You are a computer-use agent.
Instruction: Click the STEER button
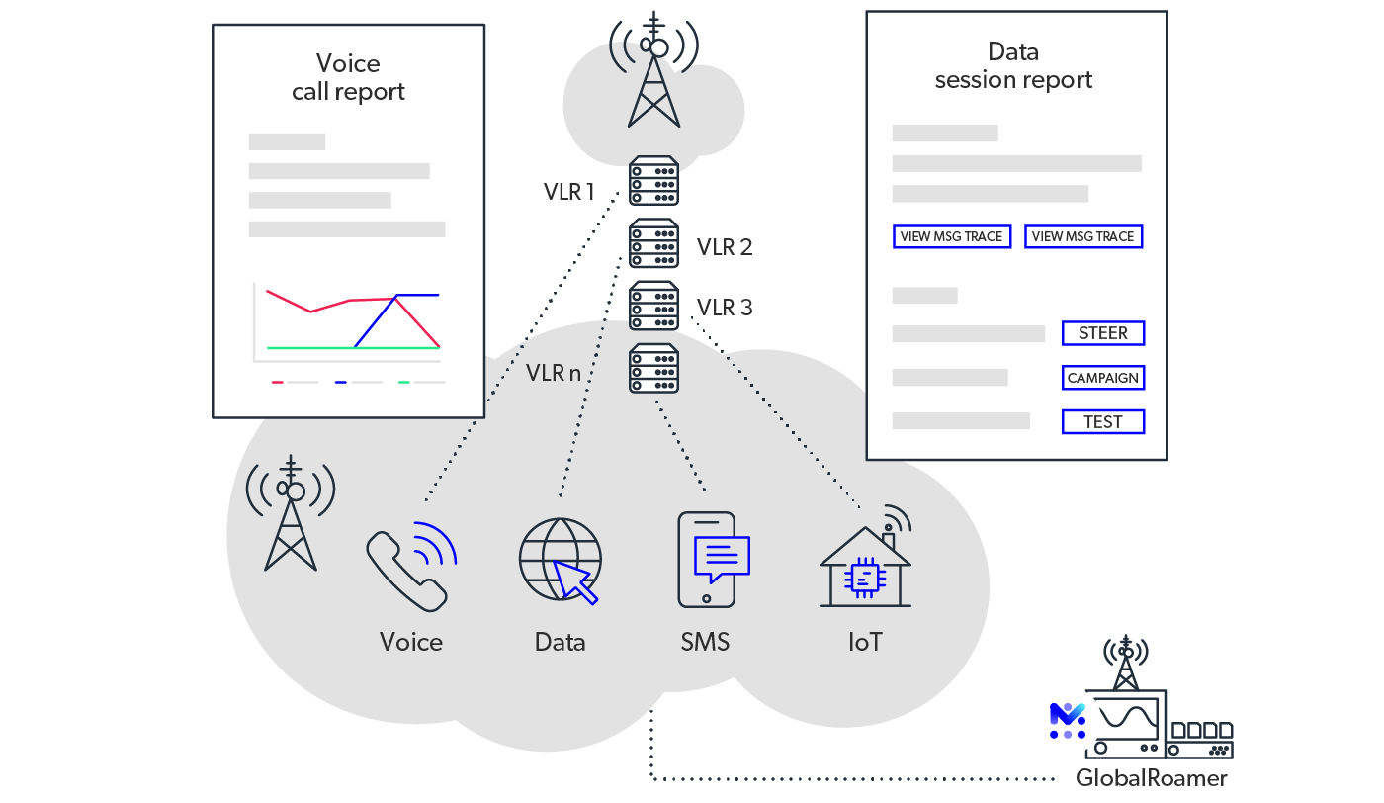click(1102, 333)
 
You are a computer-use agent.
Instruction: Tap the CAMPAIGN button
click(1102, 378)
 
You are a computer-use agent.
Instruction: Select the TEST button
click(1102, 422)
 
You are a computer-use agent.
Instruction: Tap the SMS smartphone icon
click(708, 560)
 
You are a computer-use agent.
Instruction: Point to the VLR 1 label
click(569, 192)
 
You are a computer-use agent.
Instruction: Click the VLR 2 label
click(725, 246)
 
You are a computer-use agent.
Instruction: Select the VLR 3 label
click(725, 308)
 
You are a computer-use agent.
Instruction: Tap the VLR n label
click(554, 373)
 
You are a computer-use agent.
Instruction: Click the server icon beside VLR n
click(653, 368)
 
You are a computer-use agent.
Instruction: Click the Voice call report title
click(348, 78)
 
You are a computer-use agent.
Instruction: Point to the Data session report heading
click(1013, 66)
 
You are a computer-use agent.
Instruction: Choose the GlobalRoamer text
click(1152, 778)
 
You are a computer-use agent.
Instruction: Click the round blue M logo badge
click(1068, 720)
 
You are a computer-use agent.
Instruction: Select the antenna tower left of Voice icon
click(291, 513)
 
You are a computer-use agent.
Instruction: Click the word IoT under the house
click(865, 642)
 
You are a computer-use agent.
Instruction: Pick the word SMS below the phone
click(705, 642)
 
